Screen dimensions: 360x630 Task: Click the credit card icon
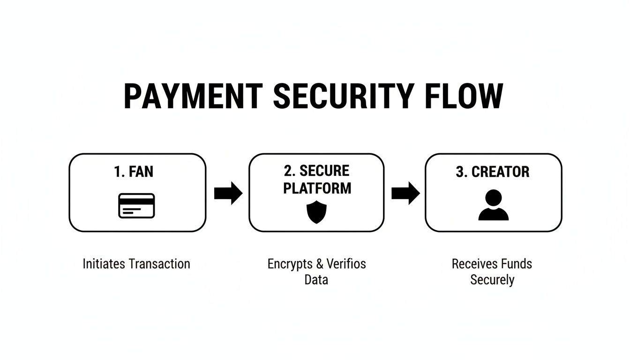pos(136,205)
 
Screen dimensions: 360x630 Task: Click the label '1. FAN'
pos(134,172)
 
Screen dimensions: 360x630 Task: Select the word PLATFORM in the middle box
pos(317,188)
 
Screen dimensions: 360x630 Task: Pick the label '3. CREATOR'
pos(493,172)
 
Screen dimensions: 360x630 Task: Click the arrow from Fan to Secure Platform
pos(228,193)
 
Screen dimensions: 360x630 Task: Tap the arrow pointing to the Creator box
pos(405,193)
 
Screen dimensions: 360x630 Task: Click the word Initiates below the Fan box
pos(104,264)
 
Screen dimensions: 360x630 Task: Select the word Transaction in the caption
pos(159,264)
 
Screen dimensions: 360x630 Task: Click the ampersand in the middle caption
pos(320,264)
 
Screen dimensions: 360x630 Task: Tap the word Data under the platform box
pos(316,280)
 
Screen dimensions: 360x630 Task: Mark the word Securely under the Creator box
pos(492,280)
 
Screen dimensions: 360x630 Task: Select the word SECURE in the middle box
pos(324,171)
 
